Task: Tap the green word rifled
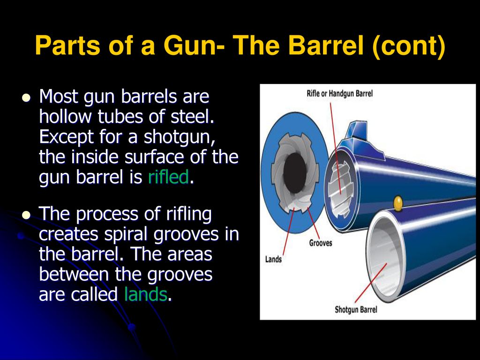[168, 177]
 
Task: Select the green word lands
[146, 294]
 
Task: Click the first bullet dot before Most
[26, 97]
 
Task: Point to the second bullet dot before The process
[26, 215]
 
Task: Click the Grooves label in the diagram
[320, 243]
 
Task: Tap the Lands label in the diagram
[273, 259]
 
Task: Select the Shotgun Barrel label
[356, 309]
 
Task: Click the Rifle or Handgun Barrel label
[339, 93]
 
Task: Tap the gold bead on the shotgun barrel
[398, 203]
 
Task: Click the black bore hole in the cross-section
[295, 173]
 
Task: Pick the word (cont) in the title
[409, 46]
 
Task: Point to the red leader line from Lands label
[289, 232]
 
